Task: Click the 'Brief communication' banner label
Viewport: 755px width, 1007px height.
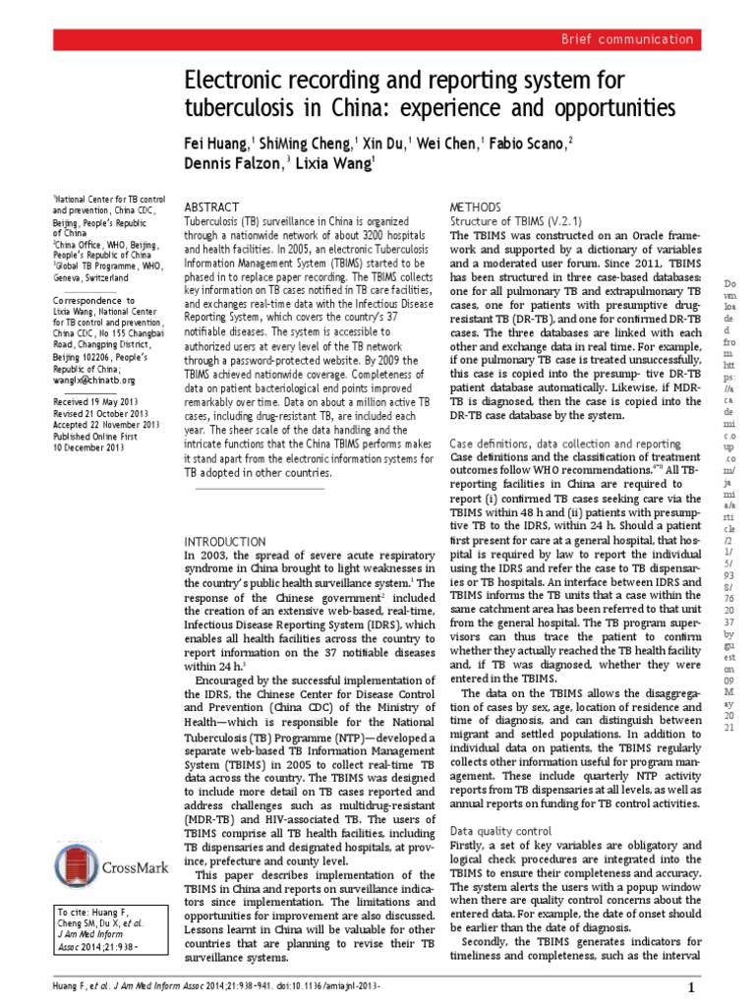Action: point(625,39)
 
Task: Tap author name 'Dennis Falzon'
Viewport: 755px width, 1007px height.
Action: point(229,163)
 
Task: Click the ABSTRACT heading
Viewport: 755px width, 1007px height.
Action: point(212,208)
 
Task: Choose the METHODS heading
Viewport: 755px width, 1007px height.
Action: point(477,208)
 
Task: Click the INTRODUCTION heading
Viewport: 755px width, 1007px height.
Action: point(225,541)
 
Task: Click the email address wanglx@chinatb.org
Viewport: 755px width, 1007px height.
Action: point(93,380)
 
